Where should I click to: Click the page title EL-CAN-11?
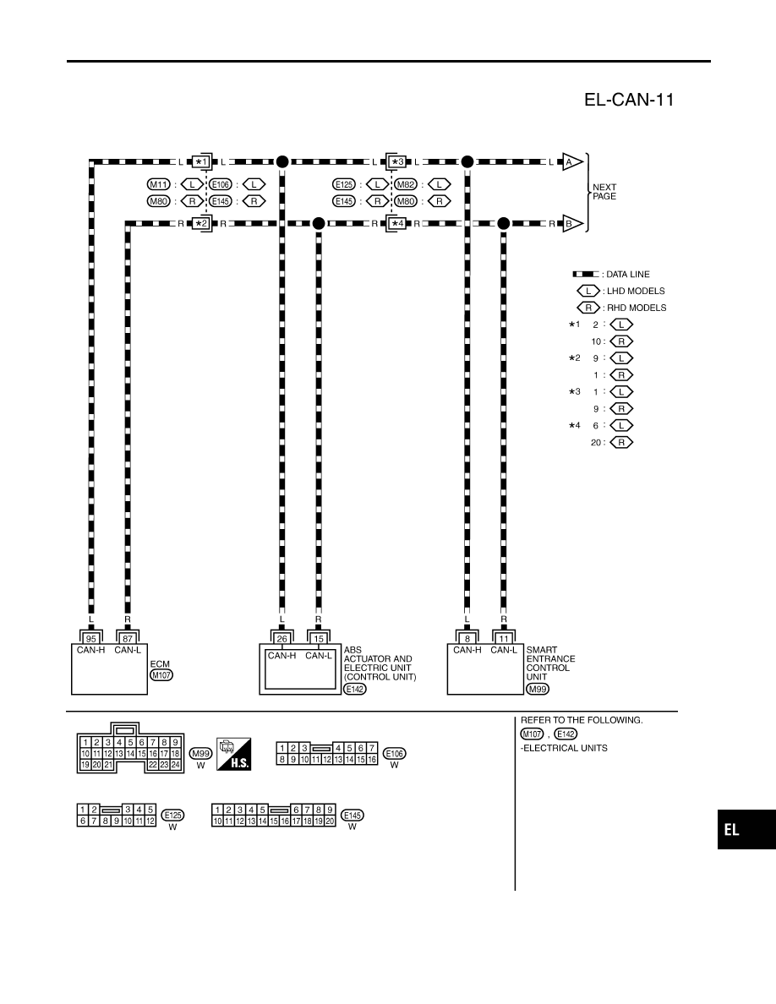point(629,100)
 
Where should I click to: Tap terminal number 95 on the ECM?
point(91,638)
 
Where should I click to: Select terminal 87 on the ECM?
point(128,638)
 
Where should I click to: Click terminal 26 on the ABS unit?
point(281,638)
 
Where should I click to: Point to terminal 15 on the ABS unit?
point(318,638)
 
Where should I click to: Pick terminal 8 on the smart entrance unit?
point(467,638)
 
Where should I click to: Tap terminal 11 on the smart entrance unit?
point(504,638)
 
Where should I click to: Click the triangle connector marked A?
point(571,162)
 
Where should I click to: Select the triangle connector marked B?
point(571,224)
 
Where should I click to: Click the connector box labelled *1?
point(202,162)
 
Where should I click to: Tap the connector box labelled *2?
point(202,224)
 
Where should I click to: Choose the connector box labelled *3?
point(397,162)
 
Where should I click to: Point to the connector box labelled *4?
point(397,224)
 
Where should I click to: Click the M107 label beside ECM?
point(161,675)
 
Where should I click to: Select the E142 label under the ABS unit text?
point(355,689)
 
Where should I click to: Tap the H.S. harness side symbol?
point(233,754)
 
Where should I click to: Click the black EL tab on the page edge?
point(746,830)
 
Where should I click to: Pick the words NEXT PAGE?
point(604,192)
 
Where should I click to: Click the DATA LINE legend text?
point(627,274)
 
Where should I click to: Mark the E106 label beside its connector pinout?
point(395,754)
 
